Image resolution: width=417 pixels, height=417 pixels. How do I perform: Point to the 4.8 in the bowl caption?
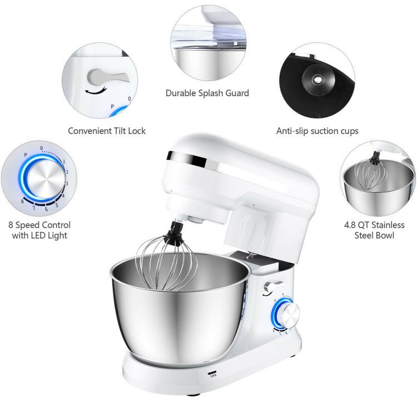350,225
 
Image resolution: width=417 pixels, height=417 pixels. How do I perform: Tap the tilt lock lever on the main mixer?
274,287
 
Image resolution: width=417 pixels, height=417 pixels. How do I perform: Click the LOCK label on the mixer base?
214,375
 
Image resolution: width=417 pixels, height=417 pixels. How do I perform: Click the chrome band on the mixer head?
187,160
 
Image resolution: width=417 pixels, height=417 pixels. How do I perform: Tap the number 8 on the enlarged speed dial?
22,201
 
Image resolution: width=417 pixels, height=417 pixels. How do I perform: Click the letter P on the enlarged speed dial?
26,155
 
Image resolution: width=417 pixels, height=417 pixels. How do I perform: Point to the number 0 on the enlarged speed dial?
42,148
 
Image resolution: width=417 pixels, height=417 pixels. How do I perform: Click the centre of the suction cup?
317,80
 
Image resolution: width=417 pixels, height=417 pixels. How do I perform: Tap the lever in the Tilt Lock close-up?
106,77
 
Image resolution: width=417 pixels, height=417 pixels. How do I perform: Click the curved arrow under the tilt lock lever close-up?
95,92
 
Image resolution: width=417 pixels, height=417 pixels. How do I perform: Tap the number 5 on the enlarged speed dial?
57,205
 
